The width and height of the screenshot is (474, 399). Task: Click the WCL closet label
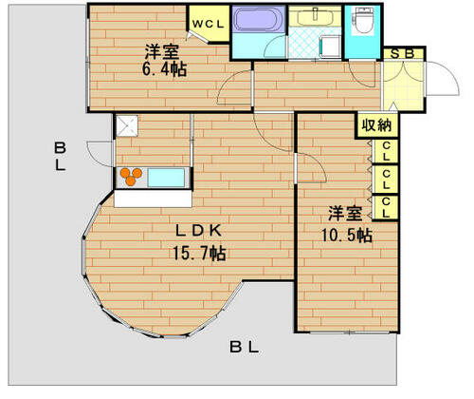(x=209, y=25)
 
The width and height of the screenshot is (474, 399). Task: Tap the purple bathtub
(x=259, y=19)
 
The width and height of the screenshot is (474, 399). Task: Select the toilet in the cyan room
(x=363, y=20)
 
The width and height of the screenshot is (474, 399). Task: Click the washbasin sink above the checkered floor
(x=315, y=16)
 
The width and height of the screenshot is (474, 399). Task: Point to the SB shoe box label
(x=402, y=54)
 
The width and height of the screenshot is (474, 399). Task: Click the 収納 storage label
(x=376, y=125)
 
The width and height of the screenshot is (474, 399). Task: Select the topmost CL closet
(x=386, y=151)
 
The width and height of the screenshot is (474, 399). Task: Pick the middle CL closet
(x=386, y=180)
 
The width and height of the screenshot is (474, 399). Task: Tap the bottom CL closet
(x=386, y=207)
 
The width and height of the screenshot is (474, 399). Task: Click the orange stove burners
(x=131, y=177)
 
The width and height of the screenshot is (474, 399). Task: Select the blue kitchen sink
(x=166, y=178)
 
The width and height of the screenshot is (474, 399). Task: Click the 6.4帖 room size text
(x=164, y=69)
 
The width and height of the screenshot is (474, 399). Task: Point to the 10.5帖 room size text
(x=347, y=236)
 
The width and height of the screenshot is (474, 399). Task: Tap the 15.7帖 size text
(x=199, y=253)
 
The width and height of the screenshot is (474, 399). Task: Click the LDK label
(x=198, y=231)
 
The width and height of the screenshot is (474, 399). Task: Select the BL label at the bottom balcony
(x=244, y=347)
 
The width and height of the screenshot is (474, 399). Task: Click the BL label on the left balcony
(x=60, y=157)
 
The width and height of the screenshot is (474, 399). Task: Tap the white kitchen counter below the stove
(x=153, y=199)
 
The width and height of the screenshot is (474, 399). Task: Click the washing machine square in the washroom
(x=331, y=47)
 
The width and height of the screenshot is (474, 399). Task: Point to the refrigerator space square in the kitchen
(x=127, y=126)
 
